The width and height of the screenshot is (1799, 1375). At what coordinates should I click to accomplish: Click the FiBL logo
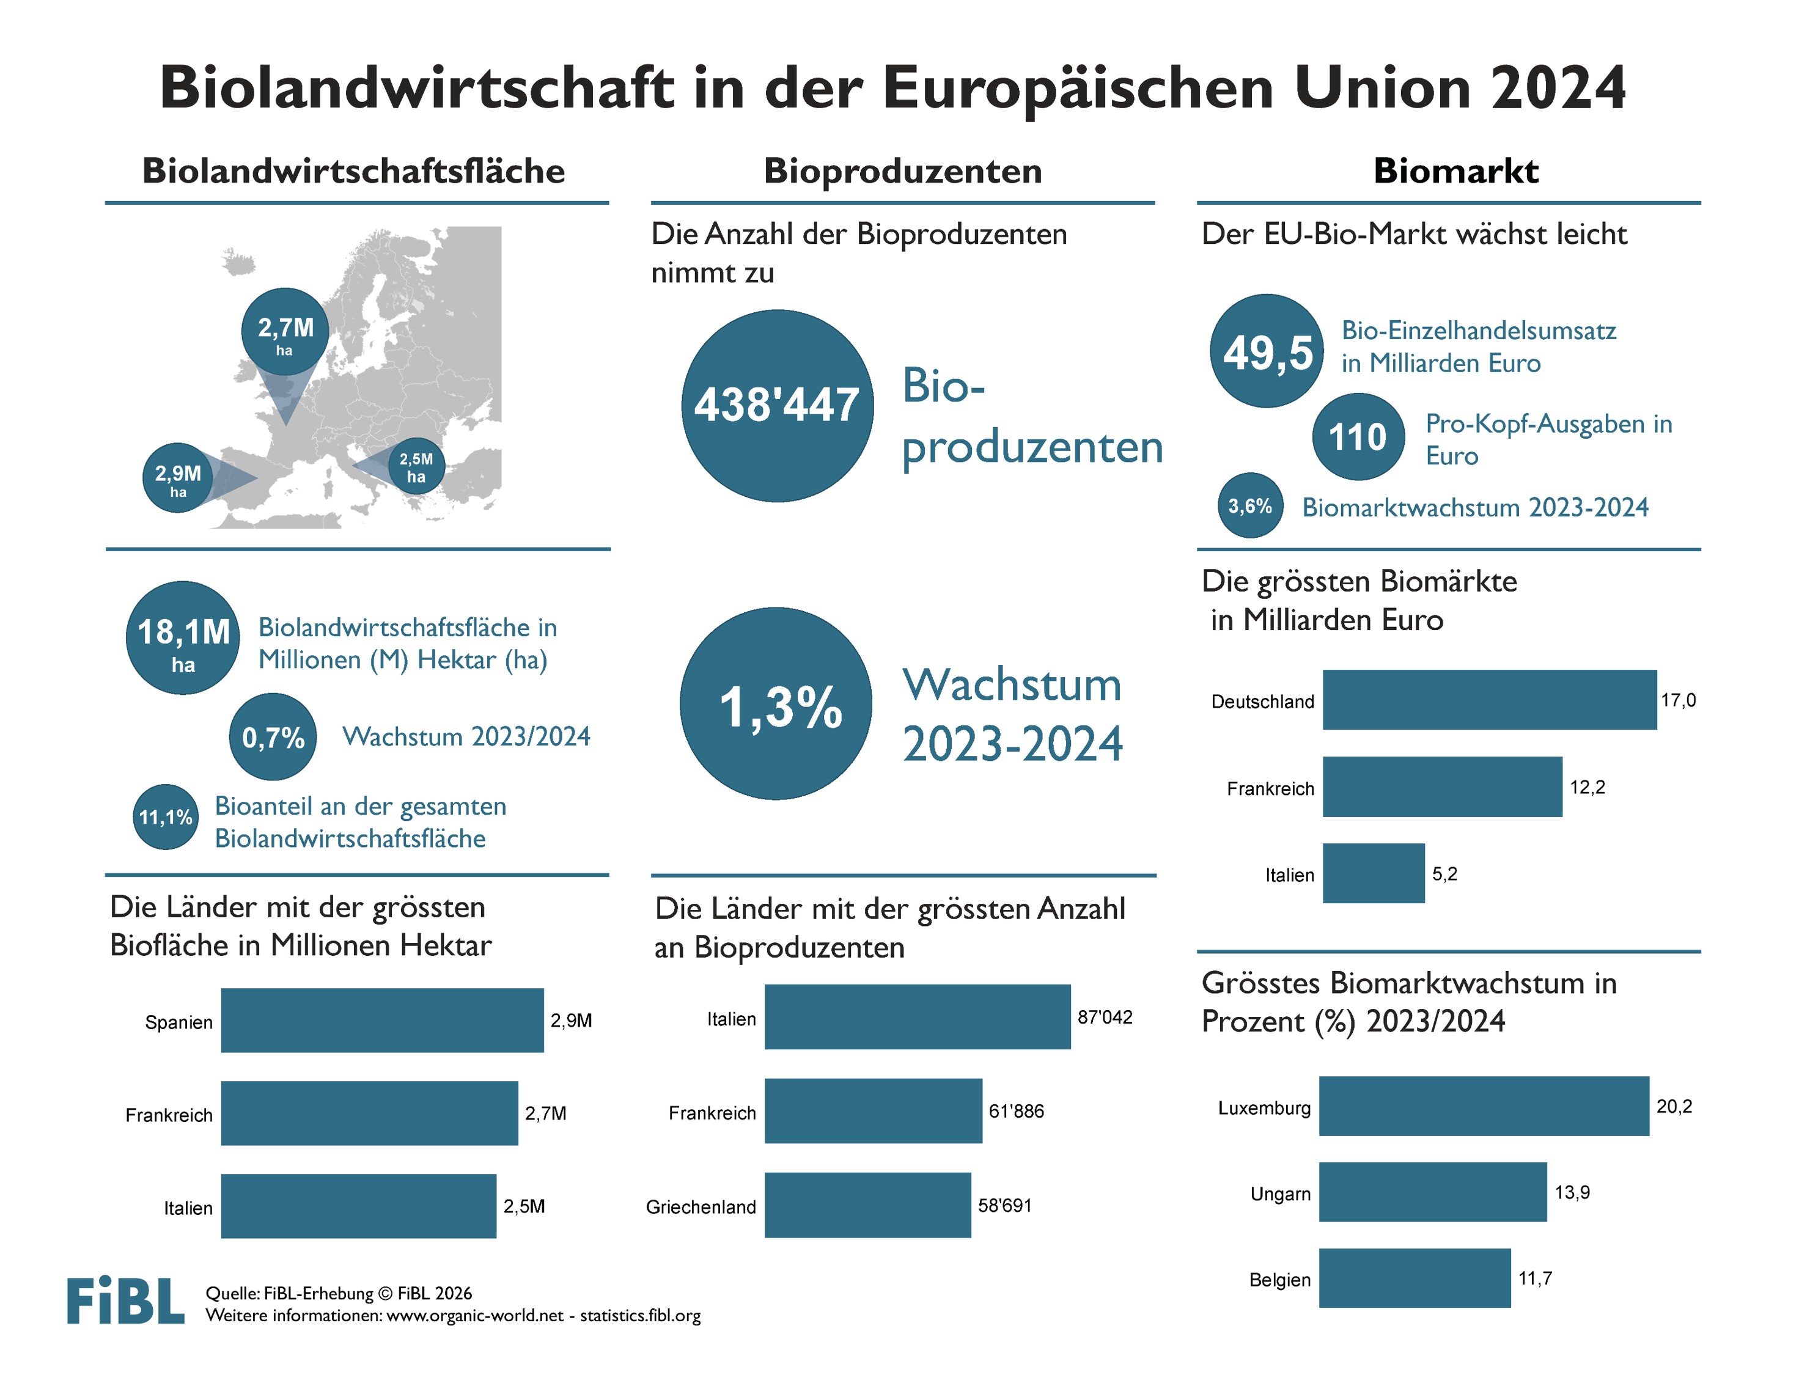click(x=125, y=1300)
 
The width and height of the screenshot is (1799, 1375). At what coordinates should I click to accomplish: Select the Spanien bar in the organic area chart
click(x=381, y=1020)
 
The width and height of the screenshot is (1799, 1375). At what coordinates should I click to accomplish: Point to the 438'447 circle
click(x=777, y=405)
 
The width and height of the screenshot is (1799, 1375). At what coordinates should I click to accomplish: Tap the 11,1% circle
click(x=165, y=817)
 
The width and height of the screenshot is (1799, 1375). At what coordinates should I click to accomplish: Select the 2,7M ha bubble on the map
click(x=285, y=331)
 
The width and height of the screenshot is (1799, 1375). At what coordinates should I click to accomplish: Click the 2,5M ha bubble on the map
click(x=416, y=466)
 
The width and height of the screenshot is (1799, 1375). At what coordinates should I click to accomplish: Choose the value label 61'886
click(x=1016, y=1112)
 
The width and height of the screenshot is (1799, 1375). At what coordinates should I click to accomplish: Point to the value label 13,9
click(x=1572, y=1192)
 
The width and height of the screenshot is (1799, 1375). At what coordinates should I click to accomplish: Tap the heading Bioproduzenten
click(x=902, y=171)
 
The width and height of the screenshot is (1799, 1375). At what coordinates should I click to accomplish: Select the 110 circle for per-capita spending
click(x=1357, y=437)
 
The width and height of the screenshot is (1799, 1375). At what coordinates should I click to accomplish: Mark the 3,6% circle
click(x=1250, y=506)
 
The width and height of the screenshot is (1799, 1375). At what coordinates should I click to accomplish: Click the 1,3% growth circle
click(x=776, y=704)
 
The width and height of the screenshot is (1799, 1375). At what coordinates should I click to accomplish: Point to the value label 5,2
click(x=1444, y=874)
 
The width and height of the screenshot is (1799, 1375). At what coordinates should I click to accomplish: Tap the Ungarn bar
click(x=1432, y=1192)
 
